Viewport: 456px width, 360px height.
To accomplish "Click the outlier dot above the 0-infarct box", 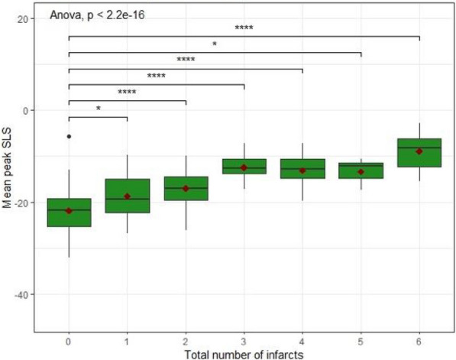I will pos(69,136).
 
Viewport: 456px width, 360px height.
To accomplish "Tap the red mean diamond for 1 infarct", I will pos(127,196).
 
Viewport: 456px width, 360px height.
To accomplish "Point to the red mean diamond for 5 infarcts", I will pos(361,172).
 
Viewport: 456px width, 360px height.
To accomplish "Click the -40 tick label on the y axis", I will pos(21,295).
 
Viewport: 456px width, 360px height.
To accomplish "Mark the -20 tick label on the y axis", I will pos(21,203).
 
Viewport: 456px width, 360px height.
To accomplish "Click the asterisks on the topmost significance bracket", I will pos(244,28).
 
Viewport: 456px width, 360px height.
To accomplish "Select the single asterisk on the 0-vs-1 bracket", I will pos(98,109).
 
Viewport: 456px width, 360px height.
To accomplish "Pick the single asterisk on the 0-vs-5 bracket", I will pos(215,44).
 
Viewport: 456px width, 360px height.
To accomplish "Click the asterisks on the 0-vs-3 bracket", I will pos(156,76).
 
